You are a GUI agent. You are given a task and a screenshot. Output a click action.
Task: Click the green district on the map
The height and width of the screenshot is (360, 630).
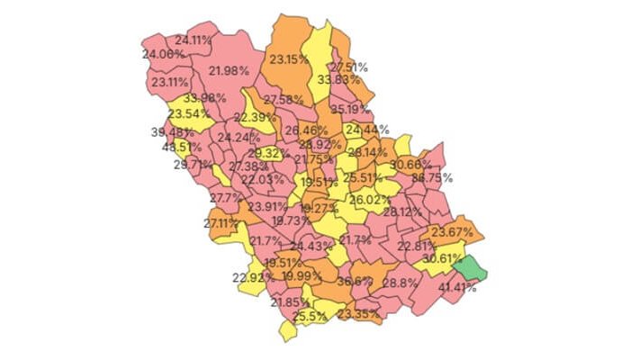point(469,266)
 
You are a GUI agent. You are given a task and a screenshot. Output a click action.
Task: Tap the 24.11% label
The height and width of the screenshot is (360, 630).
point(193,40)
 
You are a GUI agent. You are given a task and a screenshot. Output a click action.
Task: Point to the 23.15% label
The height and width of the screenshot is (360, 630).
point(289,59)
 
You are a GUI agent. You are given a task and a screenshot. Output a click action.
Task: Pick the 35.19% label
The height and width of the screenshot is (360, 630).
point(350,109)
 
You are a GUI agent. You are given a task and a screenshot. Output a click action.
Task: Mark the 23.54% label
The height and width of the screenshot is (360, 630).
point(188,114)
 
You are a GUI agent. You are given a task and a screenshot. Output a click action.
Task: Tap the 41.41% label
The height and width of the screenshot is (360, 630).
point(457,288)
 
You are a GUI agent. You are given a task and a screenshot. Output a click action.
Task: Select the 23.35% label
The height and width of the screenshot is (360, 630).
point(358,313)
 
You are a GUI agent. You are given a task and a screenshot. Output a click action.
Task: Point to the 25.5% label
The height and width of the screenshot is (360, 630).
point(309,316)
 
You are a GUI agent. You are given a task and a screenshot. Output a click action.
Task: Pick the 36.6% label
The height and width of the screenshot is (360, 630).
point(355,281)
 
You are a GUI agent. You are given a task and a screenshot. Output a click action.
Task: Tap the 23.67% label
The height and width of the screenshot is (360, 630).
point(452,232)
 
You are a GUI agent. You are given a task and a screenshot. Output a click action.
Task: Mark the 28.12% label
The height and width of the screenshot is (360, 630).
point(401,211)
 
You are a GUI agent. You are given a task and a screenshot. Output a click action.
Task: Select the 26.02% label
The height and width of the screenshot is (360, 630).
point(370,199)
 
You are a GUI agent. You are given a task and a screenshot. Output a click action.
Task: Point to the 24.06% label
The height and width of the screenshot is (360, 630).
point(164,54)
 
